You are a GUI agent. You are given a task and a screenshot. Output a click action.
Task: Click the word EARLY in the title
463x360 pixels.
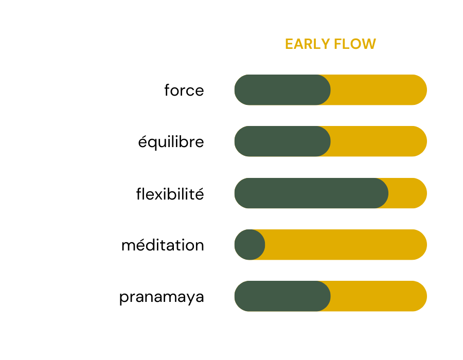coord(308,44)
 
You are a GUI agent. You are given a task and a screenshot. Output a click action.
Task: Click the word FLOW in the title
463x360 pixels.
coord(355,44)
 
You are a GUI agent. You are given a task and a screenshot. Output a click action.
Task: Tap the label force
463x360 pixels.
coord(184,90)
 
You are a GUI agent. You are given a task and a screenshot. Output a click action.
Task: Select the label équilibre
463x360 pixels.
coord(171,142)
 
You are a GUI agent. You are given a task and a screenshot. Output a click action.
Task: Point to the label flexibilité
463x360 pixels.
coord(170,194)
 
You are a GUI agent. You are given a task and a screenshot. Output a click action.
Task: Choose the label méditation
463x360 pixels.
coord(163,245)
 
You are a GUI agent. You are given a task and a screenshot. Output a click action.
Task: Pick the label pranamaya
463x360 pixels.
coord(162,297)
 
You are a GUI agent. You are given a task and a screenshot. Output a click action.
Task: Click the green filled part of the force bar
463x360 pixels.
coord(282,89)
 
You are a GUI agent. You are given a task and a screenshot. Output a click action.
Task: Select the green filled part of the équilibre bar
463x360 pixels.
coord(282,141)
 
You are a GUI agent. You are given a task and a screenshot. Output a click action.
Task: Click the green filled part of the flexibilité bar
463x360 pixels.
coord(311,193)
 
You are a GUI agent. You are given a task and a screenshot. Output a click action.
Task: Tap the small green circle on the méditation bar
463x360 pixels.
coord(250,245)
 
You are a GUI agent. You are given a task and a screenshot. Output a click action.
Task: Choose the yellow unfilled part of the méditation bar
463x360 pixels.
coord(346,245)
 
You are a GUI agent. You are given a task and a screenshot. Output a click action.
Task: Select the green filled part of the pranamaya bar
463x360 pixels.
coord(282,296)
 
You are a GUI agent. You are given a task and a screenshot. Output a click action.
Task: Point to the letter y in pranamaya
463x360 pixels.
coord(189,299)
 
